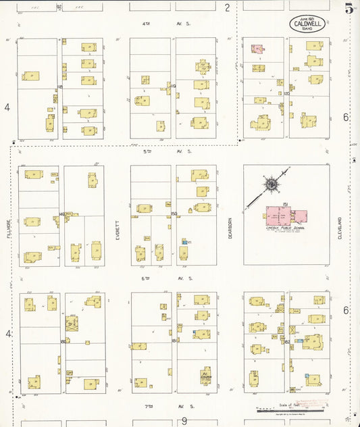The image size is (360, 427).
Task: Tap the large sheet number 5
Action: (x=349, y=9)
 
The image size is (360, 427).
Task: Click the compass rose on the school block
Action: (x=271, y=184)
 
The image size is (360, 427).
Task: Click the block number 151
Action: (x=286, y=204)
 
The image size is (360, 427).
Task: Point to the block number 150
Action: (x=174, y=214)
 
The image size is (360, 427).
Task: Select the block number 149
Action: (x=61, y=214)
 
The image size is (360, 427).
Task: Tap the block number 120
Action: (x=286, y=94)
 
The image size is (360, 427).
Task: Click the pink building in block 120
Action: (x=257, y=49)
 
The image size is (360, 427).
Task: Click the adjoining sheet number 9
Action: (x=184, y=420)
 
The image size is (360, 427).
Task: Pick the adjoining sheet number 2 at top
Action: (x=228, y=7)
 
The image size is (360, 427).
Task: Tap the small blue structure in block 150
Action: (x=184, y=241)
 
